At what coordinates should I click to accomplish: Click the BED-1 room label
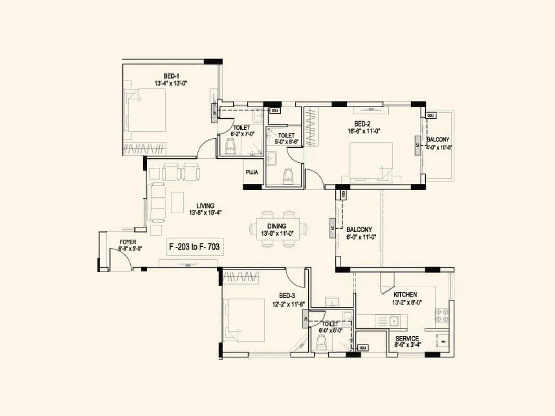[x=171, y=76]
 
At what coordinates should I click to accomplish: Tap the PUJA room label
[x=252, y=172]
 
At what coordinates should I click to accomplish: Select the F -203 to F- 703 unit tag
[x=194, y=247]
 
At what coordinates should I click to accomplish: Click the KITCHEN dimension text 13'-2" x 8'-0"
[x=407, y=302]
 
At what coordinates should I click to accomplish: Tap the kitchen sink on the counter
[x=394, y=321]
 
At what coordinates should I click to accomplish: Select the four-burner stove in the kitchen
[x=442, y=315]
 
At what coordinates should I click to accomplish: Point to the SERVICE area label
[x=407, y=338]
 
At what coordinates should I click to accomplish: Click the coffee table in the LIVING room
[x=177, y=202]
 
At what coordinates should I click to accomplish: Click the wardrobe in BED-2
[x=311, y=127]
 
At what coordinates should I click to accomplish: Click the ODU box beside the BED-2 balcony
[x=430, y=115]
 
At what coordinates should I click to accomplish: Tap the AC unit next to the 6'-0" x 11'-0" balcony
[x=332, y=228]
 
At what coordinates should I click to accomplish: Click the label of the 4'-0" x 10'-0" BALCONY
[x=438, y=139]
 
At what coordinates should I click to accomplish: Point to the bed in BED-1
[x=146, y=110]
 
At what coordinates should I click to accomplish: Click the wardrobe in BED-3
[x=241, y=277]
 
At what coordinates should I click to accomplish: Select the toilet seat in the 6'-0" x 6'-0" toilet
[x=322, y=343]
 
